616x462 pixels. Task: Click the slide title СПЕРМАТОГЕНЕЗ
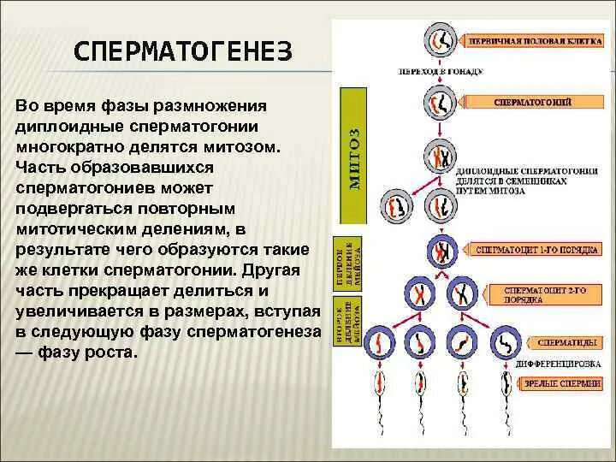(183, 53)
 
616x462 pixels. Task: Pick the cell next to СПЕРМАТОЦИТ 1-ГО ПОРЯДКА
(441, 250)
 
